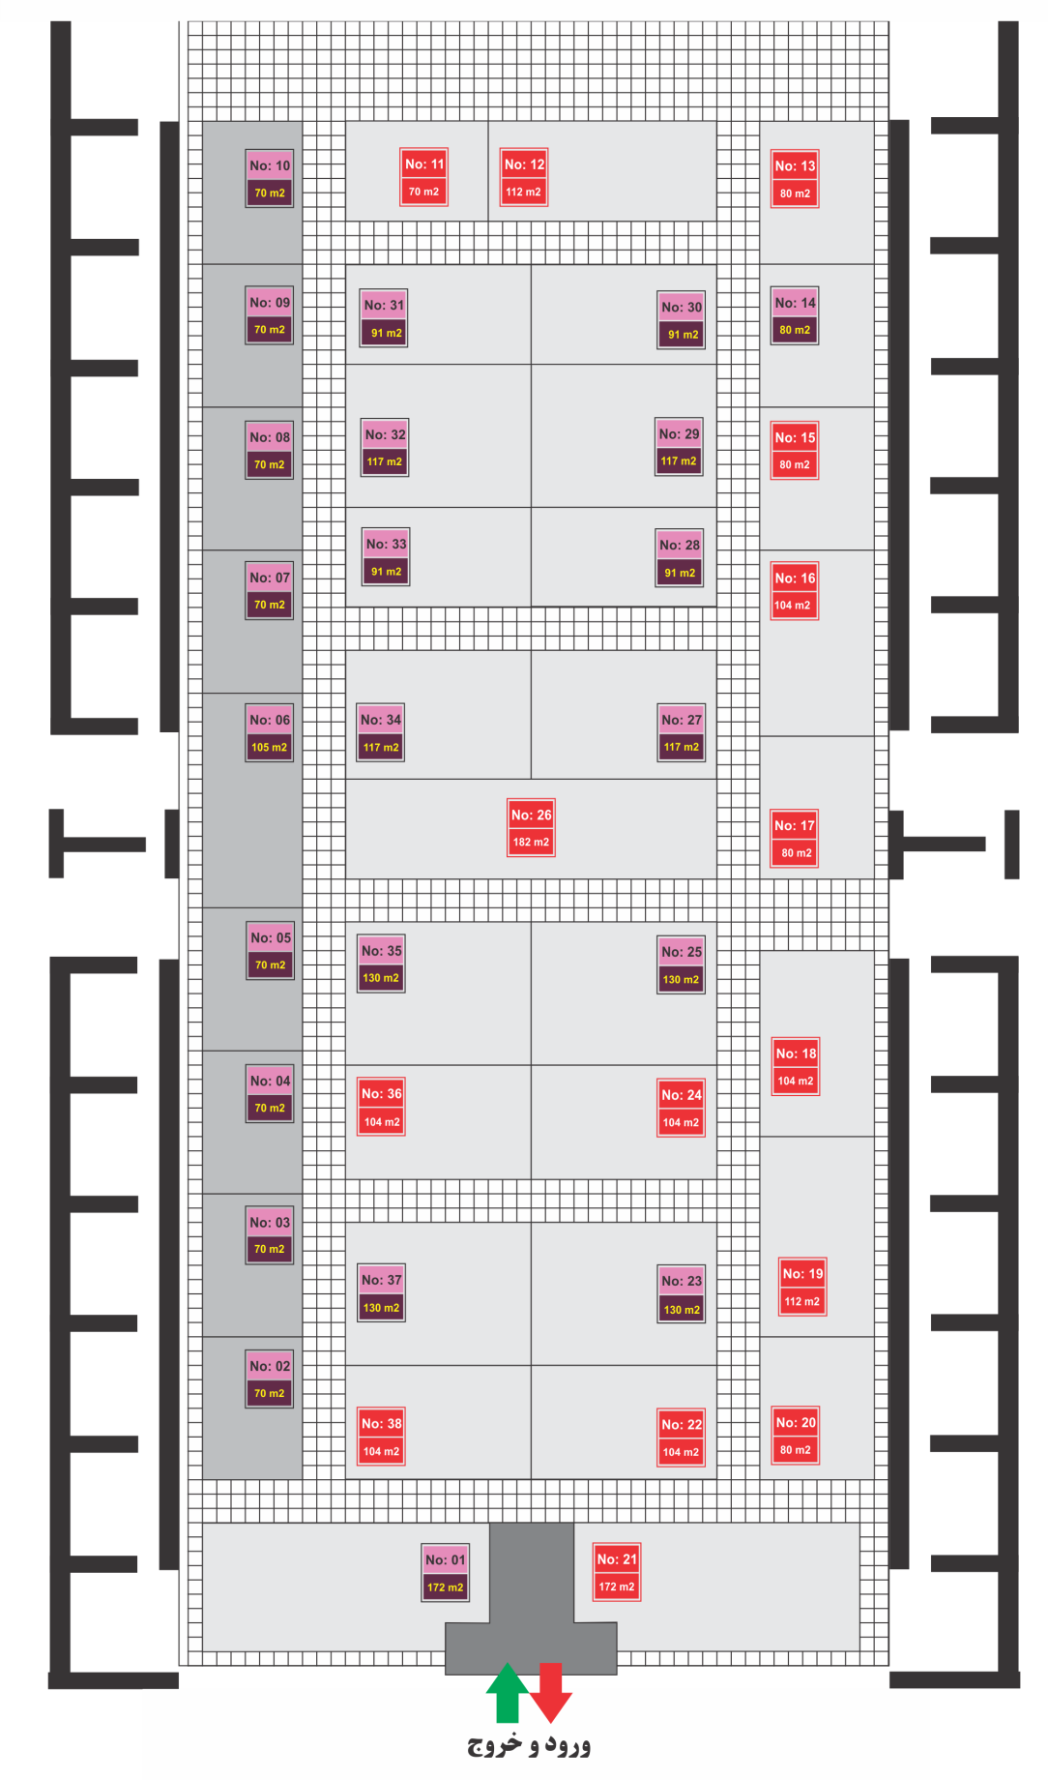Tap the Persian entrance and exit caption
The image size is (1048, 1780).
(x=529, y=1745)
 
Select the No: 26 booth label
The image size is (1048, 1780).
(x=531, y=828)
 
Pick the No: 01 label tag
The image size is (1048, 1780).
(x=445, y=1573)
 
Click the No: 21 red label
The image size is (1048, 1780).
(x=617, y=1572)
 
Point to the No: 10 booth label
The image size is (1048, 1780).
(x=270, y=178)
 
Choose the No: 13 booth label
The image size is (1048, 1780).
(x=795, y=179)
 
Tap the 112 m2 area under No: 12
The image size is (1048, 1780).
(x=523, y=192)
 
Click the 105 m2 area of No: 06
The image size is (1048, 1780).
(x=270, y=747)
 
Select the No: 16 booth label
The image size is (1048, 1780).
(x=795, y=591)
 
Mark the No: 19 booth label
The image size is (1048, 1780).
(x=802, y=1287)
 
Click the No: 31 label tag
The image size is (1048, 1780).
(x=385, y=318)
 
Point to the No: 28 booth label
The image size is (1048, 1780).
(x=680, y=558)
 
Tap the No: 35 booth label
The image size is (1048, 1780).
(x=381, y=964)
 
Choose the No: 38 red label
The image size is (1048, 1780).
(x=382, y=1437)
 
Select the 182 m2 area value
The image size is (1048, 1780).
(x=531, y=842)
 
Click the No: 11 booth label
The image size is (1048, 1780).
(x=424, y=177)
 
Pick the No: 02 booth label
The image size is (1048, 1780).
(x=270, y=1379)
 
